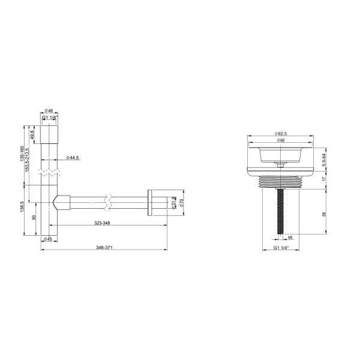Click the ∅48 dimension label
pyautogui.click(x=49, y=110)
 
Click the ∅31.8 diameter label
pyautogui.click(x=174, y=203)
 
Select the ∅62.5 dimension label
pyautogui.click(x=280, y=133)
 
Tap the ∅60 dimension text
pyautogui.click(x=280, y=140)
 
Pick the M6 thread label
pyautogui.click(x=290, y=238)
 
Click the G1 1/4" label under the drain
pyautogui.click(x=280, y=247)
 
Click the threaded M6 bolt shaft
pyautogui.click(x=280, y=210)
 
